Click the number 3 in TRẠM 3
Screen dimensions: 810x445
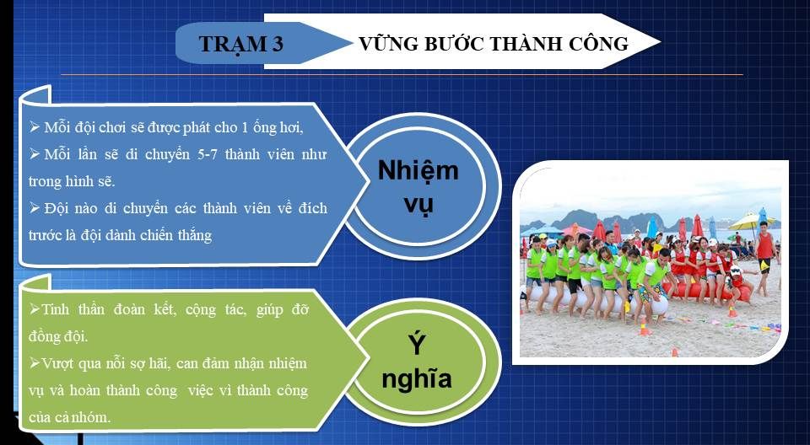[x=277, y=45]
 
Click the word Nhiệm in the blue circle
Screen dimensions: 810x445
[x=418, y=170]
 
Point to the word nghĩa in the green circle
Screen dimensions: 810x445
[x=416, y=378]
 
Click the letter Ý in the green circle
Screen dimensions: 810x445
[x=416, y=345]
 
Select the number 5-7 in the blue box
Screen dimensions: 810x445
[x=208, y=154]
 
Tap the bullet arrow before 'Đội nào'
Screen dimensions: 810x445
[x=35, y=208]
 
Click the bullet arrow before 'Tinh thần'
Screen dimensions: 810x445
[x=35, y=309]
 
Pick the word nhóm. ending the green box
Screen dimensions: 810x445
[x=93, y=417]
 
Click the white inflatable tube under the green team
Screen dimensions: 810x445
[x=594, y=302]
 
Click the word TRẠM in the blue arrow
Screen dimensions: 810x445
[x=231, y=45]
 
